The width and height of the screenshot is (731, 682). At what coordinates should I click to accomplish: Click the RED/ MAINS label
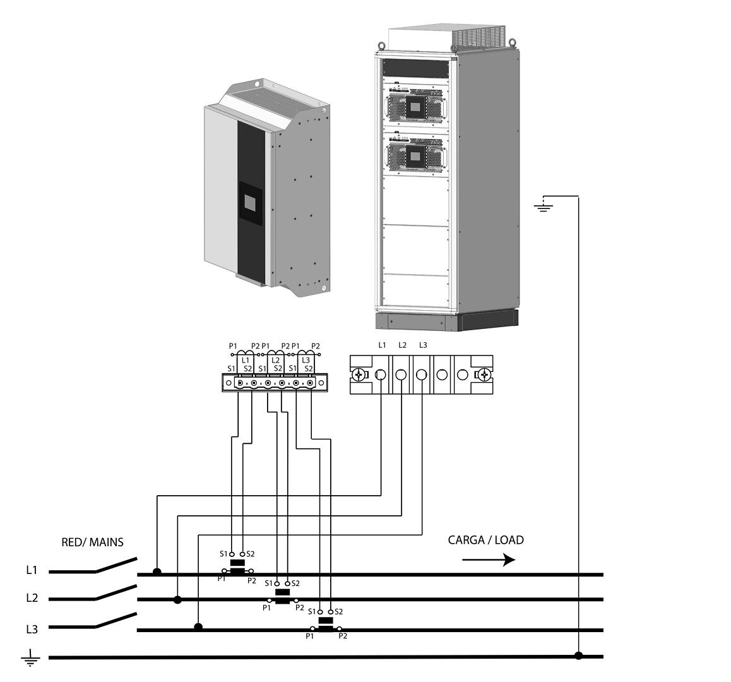point(92,542)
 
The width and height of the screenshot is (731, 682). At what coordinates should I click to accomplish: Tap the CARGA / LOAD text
point(486,540)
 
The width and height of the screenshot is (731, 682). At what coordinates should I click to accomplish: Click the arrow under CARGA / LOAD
point(489,559)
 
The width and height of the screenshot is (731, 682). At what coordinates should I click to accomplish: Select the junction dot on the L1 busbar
point(157,571)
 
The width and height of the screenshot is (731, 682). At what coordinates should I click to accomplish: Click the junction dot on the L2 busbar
point(177,600)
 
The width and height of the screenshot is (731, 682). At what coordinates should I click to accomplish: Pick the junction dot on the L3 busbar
point(198,627)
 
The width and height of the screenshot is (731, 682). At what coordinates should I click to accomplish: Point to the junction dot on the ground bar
point(579,656)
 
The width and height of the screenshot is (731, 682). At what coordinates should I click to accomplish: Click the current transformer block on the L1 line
point(238,567)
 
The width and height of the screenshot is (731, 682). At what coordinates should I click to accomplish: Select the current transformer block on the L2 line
point(283,595)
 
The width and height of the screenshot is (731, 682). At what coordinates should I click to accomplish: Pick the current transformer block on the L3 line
point(325,624)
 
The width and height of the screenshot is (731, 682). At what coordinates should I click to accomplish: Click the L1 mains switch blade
point(117,565)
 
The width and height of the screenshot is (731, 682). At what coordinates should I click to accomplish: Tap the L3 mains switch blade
point(117,620)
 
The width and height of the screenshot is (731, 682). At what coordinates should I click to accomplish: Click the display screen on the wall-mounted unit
point(251,203)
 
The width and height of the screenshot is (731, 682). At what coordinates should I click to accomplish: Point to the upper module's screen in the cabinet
point(414,107)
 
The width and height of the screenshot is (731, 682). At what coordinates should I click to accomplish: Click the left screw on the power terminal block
point(359,374)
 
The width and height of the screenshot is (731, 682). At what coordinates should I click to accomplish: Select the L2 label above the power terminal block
point(402,345)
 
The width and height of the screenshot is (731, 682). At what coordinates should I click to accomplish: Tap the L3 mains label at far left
point(32,630)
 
